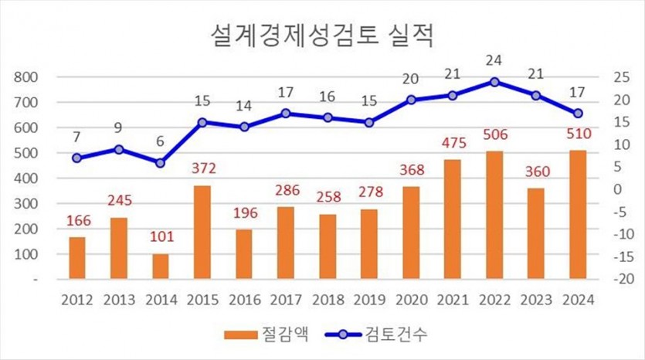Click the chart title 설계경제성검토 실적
click(322, 35)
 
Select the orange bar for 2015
click(202, 232)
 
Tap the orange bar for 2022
click(494, 215)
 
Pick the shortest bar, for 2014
click(160, 266)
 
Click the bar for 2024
click(577, 214)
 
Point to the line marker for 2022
click(494, 81)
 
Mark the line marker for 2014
click(160, 163)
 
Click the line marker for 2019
click(368, 122)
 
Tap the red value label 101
click(160, 239)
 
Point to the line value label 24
click(494, 60)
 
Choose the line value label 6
click(160, 142)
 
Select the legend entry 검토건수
click(386, 335)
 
